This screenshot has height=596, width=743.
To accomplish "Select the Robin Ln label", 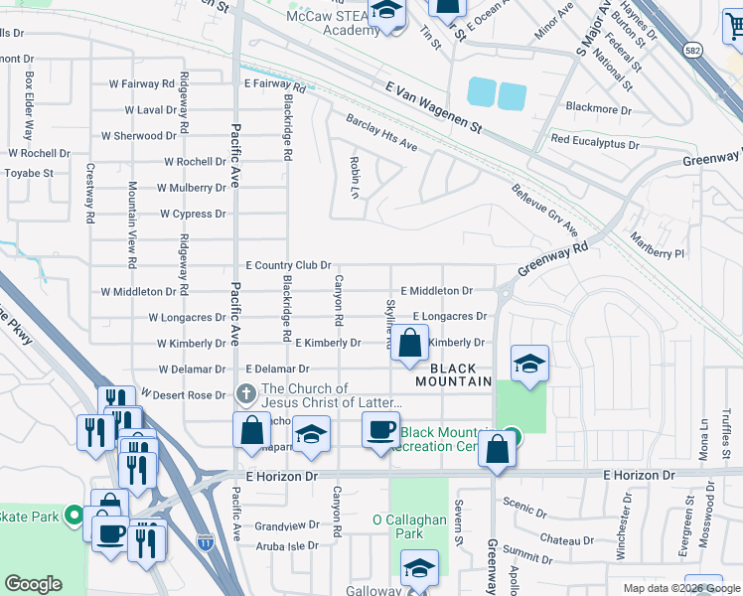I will pyautogui.click(x=354, y=176).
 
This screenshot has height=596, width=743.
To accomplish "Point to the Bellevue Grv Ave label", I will pyautogui.click(x=544, y=210).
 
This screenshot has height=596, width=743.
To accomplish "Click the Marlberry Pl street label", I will pyautogui.click(x=658, y=245).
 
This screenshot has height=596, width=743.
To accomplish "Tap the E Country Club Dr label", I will pyautogui.click(x=288, y=265).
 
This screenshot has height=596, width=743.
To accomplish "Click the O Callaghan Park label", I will pyautogui.click(x=412, y=526).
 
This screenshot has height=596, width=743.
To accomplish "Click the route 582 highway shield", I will pyautogui.click(x=694, y=49).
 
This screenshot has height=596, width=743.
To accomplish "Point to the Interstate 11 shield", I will pyautogui.click(x=205, y=542).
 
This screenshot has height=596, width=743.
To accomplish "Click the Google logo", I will pyautogui.click(x=33, y=584).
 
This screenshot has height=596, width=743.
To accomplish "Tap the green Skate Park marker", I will pyautogui.click(x=74, y=515).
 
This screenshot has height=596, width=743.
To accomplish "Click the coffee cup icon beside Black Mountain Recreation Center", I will pyautogui.click(x=381, y=431).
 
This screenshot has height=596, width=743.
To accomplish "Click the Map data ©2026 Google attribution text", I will pyautogui.click(x=680, y=588).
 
